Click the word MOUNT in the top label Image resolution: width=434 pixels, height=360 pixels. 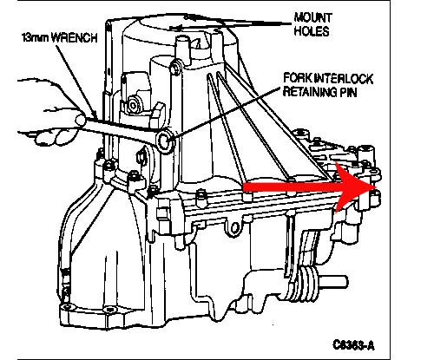coord(312,17)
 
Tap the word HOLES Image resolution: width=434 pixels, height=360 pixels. coord(312,31)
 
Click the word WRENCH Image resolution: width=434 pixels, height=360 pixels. coord(75,38)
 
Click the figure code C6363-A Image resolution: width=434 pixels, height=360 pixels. coord(353,344)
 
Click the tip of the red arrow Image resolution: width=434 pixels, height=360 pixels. coord(377,187)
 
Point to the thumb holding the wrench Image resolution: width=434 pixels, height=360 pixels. coord(81,120)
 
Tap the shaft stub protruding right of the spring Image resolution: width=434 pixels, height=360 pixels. coord(332,281)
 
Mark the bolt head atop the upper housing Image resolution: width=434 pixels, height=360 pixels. coord(175,69)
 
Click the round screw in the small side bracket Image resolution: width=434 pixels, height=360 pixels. coord(134,106)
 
